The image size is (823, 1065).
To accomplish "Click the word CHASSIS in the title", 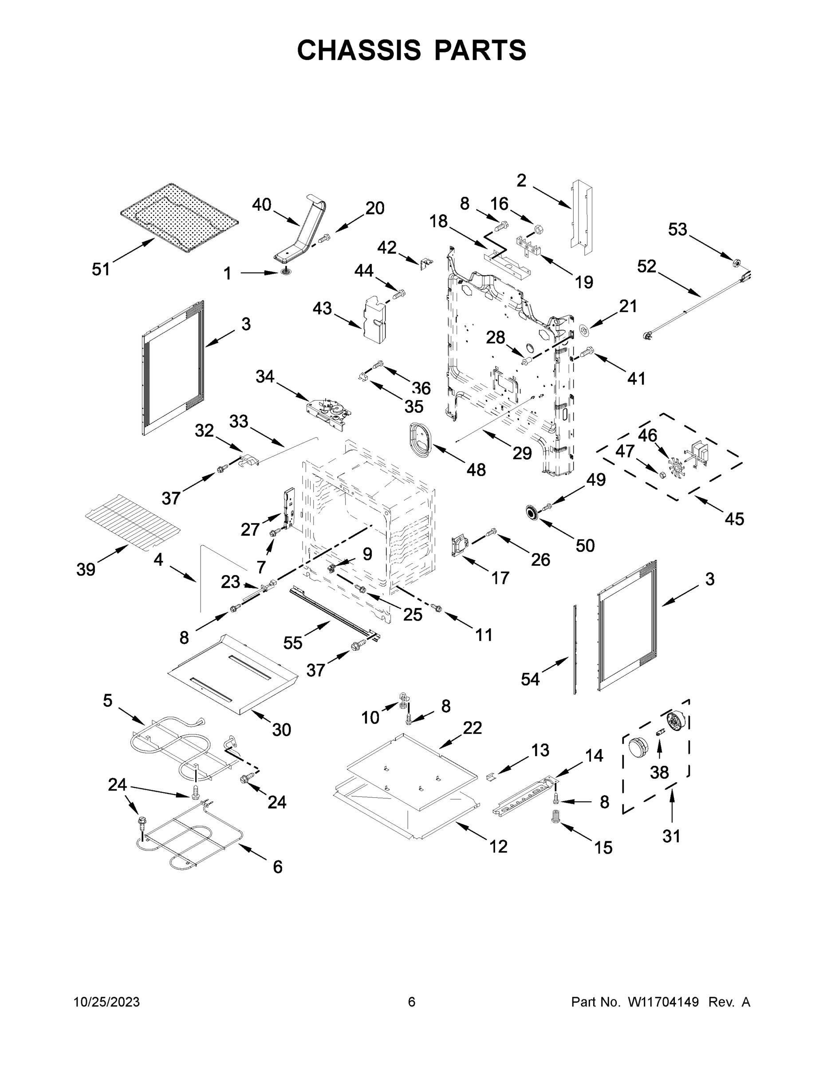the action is [359, 50].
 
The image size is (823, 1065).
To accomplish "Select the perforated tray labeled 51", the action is [179, 218].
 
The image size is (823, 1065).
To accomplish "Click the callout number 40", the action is [261, 205].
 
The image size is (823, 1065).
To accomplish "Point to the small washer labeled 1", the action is [285, 272].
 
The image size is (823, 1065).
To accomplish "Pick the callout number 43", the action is [322, 308].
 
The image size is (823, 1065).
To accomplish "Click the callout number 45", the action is [734, 519].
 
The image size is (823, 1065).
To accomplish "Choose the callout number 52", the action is [646, 266].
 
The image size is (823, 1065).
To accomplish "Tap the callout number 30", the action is [281, 730].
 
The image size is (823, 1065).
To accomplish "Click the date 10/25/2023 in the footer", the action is [107, 1002].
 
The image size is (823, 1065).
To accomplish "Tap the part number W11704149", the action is [663, 1002].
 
